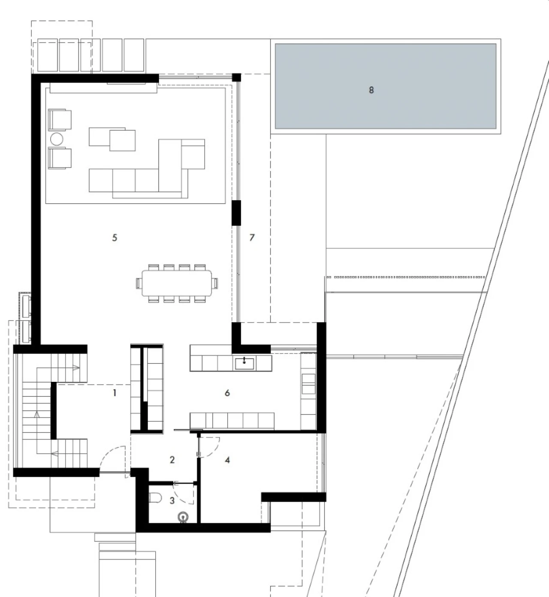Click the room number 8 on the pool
point(371,90)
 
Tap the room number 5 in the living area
point(115,238)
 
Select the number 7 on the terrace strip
point(252,238)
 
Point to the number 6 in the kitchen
point(227,393)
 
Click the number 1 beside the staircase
point(115,393)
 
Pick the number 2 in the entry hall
point(172,460)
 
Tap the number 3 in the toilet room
point(172,500)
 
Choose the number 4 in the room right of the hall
point(227,460)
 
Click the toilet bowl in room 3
point(155,497)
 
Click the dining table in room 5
point(177,283)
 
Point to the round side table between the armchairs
point(57,139)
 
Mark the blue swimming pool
point(386,86)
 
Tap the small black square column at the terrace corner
point(236,77)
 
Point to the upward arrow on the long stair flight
point(37,414)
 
